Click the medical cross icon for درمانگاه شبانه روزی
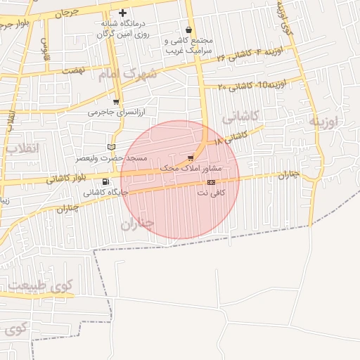(123, 13)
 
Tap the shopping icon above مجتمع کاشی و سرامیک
(188, 30)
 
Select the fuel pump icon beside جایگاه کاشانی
(105, 183)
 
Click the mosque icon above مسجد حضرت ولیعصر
(110, 146)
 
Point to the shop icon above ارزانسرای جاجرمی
(116, 101)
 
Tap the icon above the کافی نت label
(211, 182)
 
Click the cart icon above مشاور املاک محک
(191, 158)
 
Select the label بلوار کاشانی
(68, 178)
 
